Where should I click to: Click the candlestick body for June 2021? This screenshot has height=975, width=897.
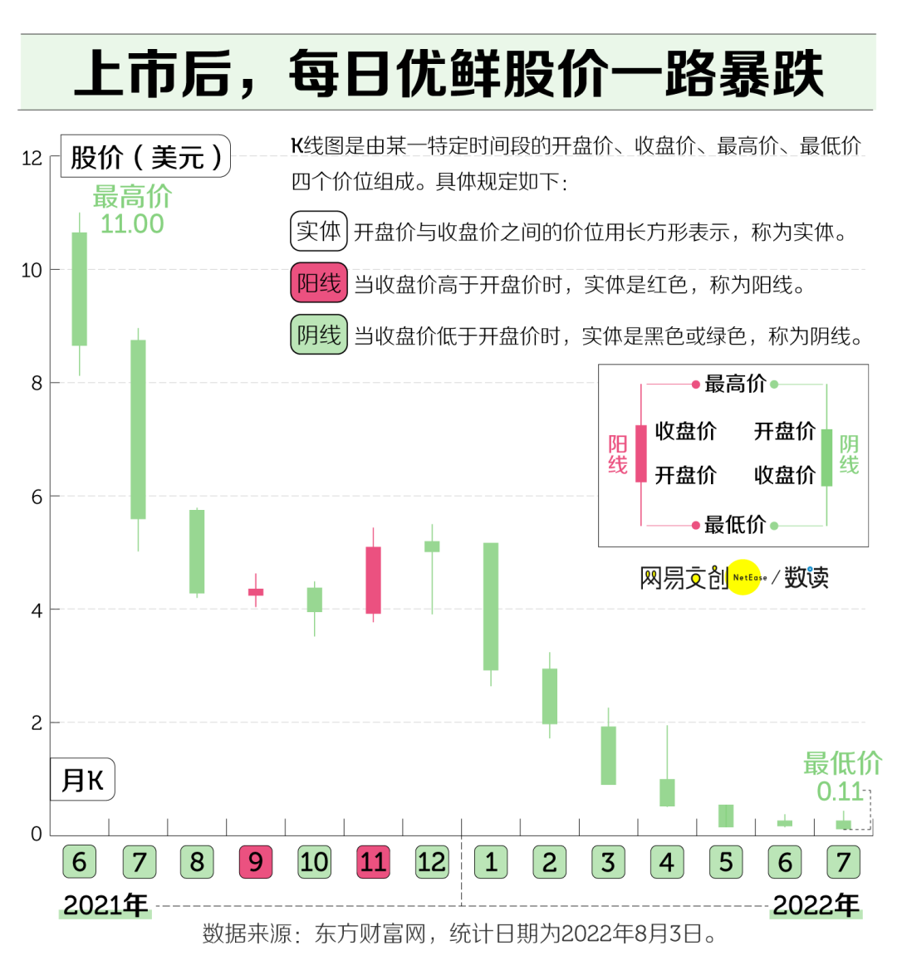(80, 288)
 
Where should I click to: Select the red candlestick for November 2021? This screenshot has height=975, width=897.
(373, 580)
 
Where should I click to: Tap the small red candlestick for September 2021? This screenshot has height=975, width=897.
(256, 592)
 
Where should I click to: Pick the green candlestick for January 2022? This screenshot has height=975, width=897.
(491, 606)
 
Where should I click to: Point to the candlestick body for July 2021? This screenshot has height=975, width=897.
(138, 429)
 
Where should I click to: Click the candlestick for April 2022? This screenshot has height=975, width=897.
(667, 792)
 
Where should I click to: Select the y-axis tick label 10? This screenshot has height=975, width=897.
(32, 270)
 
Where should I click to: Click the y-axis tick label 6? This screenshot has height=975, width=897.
(36, 497)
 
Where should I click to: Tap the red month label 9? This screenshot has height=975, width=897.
(256, 862)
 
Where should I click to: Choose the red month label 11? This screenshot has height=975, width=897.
(373, 862)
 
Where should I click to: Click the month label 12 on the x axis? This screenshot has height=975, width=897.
(432, 862)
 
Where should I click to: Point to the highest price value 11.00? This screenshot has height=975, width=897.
(132, 223)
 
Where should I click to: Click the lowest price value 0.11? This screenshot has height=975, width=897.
(840, 791)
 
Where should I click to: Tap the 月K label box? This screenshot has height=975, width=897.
(82, 780)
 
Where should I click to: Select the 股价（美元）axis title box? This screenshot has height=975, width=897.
(146, 156)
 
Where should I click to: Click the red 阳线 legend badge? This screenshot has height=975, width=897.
(319, 283)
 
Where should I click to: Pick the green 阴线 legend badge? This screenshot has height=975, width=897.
(319, 335)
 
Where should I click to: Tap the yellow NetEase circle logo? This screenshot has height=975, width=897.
(744, 576)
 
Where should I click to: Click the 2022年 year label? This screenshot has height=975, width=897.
(816, 904)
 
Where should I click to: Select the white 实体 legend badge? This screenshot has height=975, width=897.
(319, 231)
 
